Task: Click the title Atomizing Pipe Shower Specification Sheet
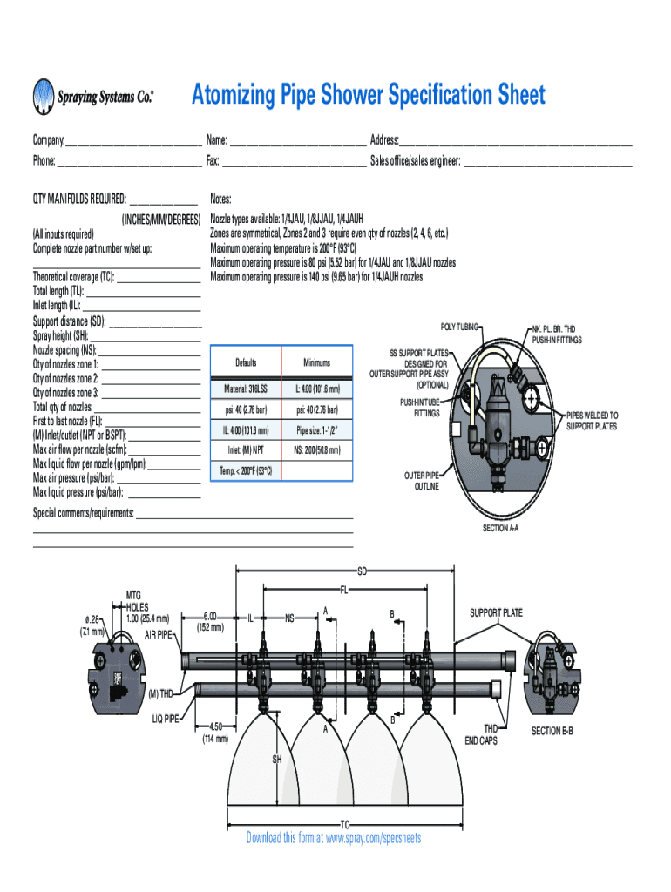(368, 94)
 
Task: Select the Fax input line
(294, 162)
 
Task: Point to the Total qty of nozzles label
(63, 407)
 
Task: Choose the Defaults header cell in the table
(246, 362)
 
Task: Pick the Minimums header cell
(317, 362)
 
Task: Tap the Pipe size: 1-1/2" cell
(317, 429)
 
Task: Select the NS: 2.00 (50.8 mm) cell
(317, 450)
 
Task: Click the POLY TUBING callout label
(459, 326)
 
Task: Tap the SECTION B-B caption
(552, 730)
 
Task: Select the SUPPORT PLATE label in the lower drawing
(496, 613)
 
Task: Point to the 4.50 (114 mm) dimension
(216, 732)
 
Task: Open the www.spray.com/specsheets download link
(365, 838)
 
